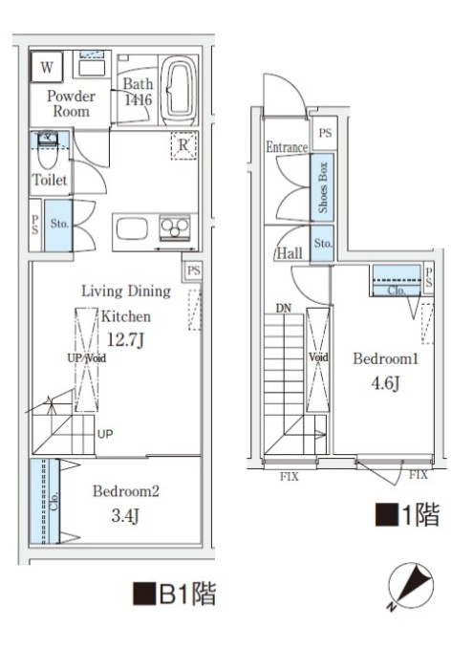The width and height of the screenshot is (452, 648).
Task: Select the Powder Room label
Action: click(x=71, y=103)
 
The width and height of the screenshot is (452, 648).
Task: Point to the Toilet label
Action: click(x=49, y=180)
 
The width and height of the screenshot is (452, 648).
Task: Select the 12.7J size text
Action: click(x=125, y=337)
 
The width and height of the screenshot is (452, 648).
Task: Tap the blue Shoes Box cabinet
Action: click(x=322, y=187)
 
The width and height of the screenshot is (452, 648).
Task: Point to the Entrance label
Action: click(x=286, y=147)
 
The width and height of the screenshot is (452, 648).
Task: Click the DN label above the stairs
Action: click(x=283, y=309)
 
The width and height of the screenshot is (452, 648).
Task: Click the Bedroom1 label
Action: click(x=386, y=359)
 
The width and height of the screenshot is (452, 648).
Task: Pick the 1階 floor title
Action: click(x=407, y=516)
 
